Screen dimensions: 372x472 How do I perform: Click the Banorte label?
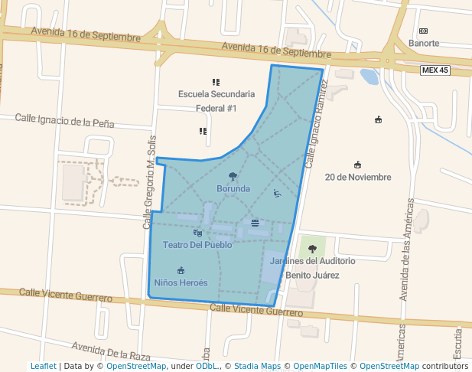(424, 44)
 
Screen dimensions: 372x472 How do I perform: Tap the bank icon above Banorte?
(423, 31)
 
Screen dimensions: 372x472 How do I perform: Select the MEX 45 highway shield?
(435, 70)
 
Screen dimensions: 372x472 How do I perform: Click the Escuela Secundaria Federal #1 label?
(216, 101)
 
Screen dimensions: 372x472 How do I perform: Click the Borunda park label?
(233, 188)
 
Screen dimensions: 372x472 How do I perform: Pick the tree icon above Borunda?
(233, 177)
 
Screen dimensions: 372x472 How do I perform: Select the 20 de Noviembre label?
(357, 178)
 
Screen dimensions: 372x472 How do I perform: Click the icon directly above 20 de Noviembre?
(357, 165)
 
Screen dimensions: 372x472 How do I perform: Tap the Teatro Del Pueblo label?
(197, 245)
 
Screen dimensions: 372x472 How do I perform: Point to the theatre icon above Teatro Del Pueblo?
(197, 233)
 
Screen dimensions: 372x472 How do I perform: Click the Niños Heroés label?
(181, 282)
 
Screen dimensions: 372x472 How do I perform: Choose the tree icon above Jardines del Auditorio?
(312, 249)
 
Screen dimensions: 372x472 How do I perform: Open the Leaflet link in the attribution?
(43, 366)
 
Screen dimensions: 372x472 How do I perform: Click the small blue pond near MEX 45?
(369, 77)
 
